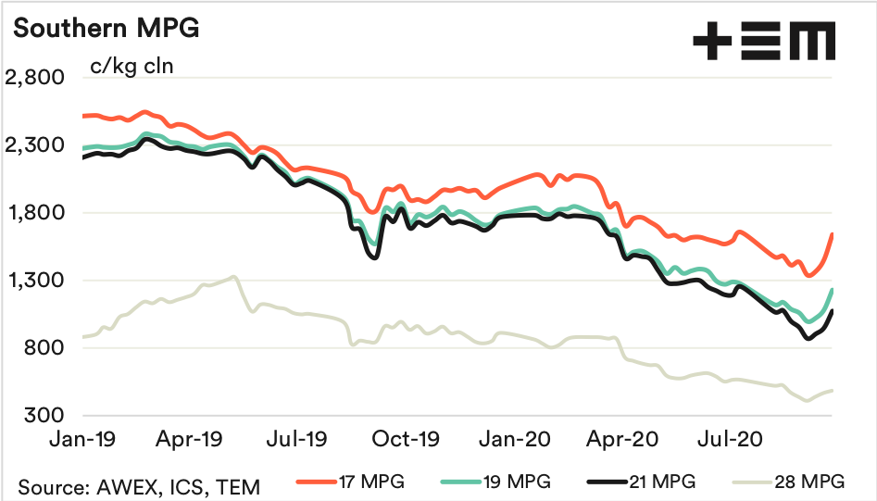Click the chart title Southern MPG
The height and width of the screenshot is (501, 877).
pos(106,29)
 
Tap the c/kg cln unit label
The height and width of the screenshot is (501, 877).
pos(131,67)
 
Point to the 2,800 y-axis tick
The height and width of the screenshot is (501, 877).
pos(33,78)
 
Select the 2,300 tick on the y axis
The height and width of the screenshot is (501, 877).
pos(33,145)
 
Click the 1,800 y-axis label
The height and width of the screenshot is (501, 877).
pos(33,213)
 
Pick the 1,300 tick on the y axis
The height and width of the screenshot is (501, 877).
pos(33,281)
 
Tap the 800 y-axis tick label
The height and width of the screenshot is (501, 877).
pos(43,348)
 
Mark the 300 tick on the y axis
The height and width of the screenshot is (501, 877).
pos(43,416)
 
